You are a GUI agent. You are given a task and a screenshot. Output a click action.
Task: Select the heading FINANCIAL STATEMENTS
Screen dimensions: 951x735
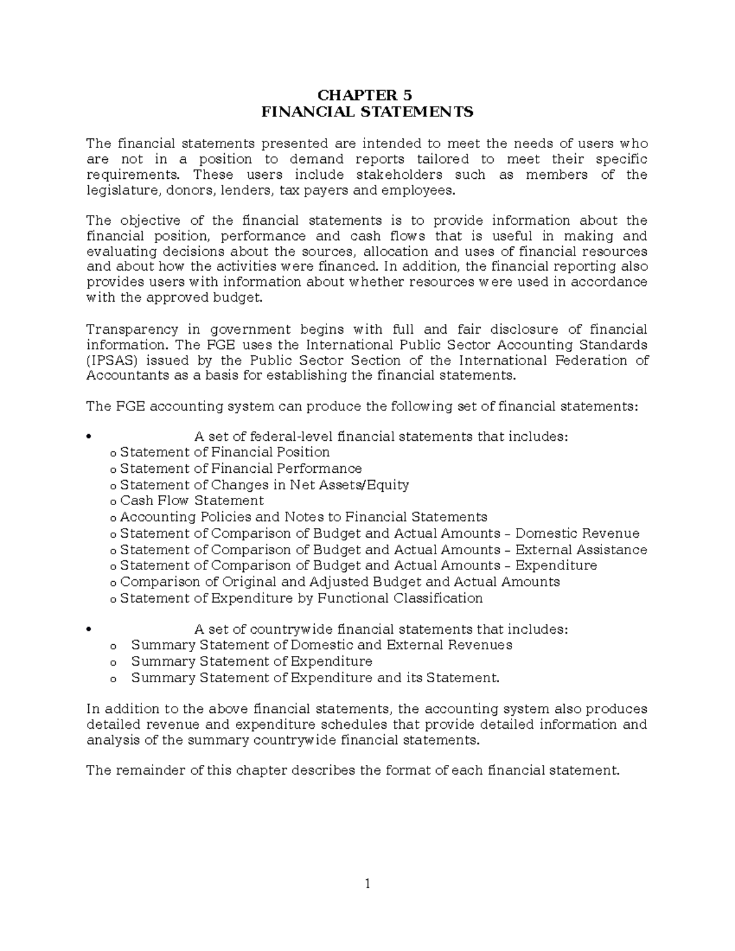[367, 112]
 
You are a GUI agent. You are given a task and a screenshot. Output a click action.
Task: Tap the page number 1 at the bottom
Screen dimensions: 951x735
[367, 884]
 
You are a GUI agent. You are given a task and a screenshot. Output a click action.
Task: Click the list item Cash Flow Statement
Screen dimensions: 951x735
[192, 501]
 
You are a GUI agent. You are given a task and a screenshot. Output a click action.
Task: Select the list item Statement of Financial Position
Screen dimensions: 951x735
[225, 453]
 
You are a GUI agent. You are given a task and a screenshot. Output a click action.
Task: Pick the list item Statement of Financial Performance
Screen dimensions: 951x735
[241, 468]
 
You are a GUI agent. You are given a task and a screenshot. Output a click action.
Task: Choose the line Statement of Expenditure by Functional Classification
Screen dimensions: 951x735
[301, 598]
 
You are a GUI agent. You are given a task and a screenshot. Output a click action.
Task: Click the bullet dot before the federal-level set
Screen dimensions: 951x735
[89, 437]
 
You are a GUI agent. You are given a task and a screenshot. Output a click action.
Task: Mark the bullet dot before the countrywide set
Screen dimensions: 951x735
[89, 630]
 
